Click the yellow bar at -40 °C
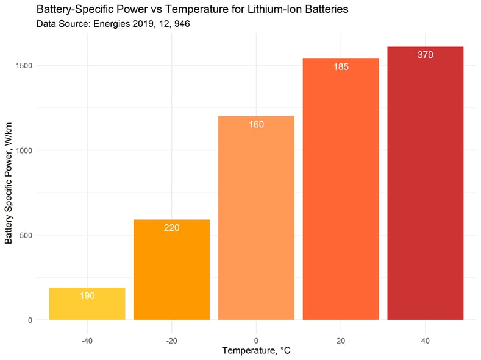pos(87,304)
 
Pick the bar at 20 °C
pos(341,189)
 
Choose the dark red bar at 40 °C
pos(425,183)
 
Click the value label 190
pos(87,296)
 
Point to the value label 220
pos(171,228)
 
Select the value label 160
pos(256,125)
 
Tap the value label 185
pos(341,67)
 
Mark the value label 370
pos(425,55)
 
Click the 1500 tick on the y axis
pos(24,66)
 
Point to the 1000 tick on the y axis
pos(24,150)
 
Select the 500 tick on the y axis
pos(27,235)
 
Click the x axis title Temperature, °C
pos(256,351)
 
